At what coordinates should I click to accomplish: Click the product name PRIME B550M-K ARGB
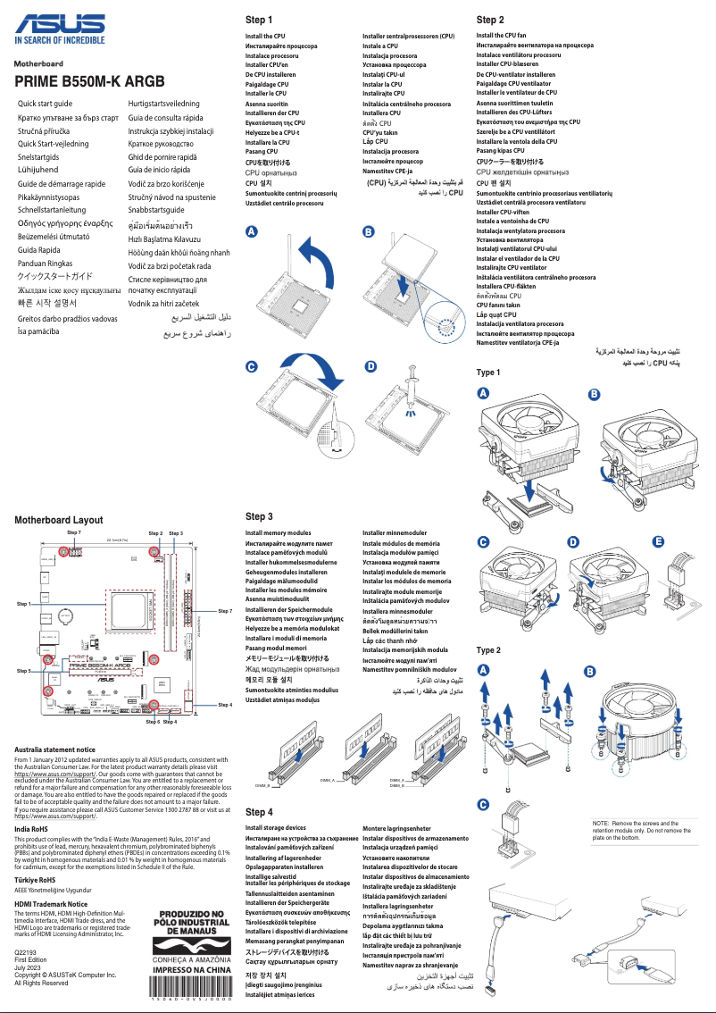(89, 81)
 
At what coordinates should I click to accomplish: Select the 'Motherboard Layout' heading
(59, 520)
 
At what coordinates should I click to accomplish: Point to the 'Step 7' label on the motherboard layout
(74, 532)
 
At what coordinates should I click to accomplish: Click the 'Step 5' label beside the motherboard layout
(24, 669)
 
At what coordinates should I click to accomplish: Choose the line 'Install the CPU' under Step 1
(265, 37)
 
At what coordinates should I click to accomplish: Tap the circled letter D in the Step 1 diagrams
(370, 367)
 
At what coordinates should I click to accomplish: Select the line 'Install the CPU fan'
(501, 36)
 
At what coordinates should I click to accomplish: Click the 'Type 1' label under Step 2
(488, 373)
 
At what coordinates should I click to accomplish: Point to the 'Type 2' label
(488, 650)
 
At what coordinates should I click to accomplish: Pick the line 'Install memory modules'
(278, 533)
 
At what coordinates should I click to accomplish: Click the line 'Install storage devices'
(275, 828)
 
